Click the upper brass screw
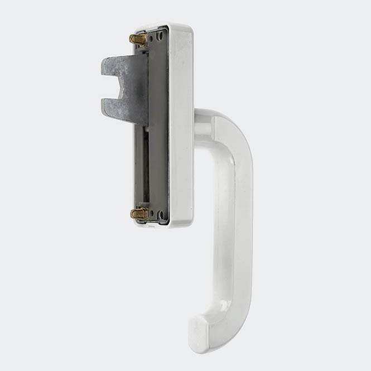pyautogui.click(x=138, y=40)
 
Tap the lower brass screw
pyautogui.click(x=139, y=213)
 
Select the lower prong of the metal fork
pyautogui.click(x=114, y=104)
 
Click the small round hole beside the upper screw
pyautogui.click(x=160, y=37)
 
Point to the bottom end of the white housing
pyautogui.click(x=167, y=224)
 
